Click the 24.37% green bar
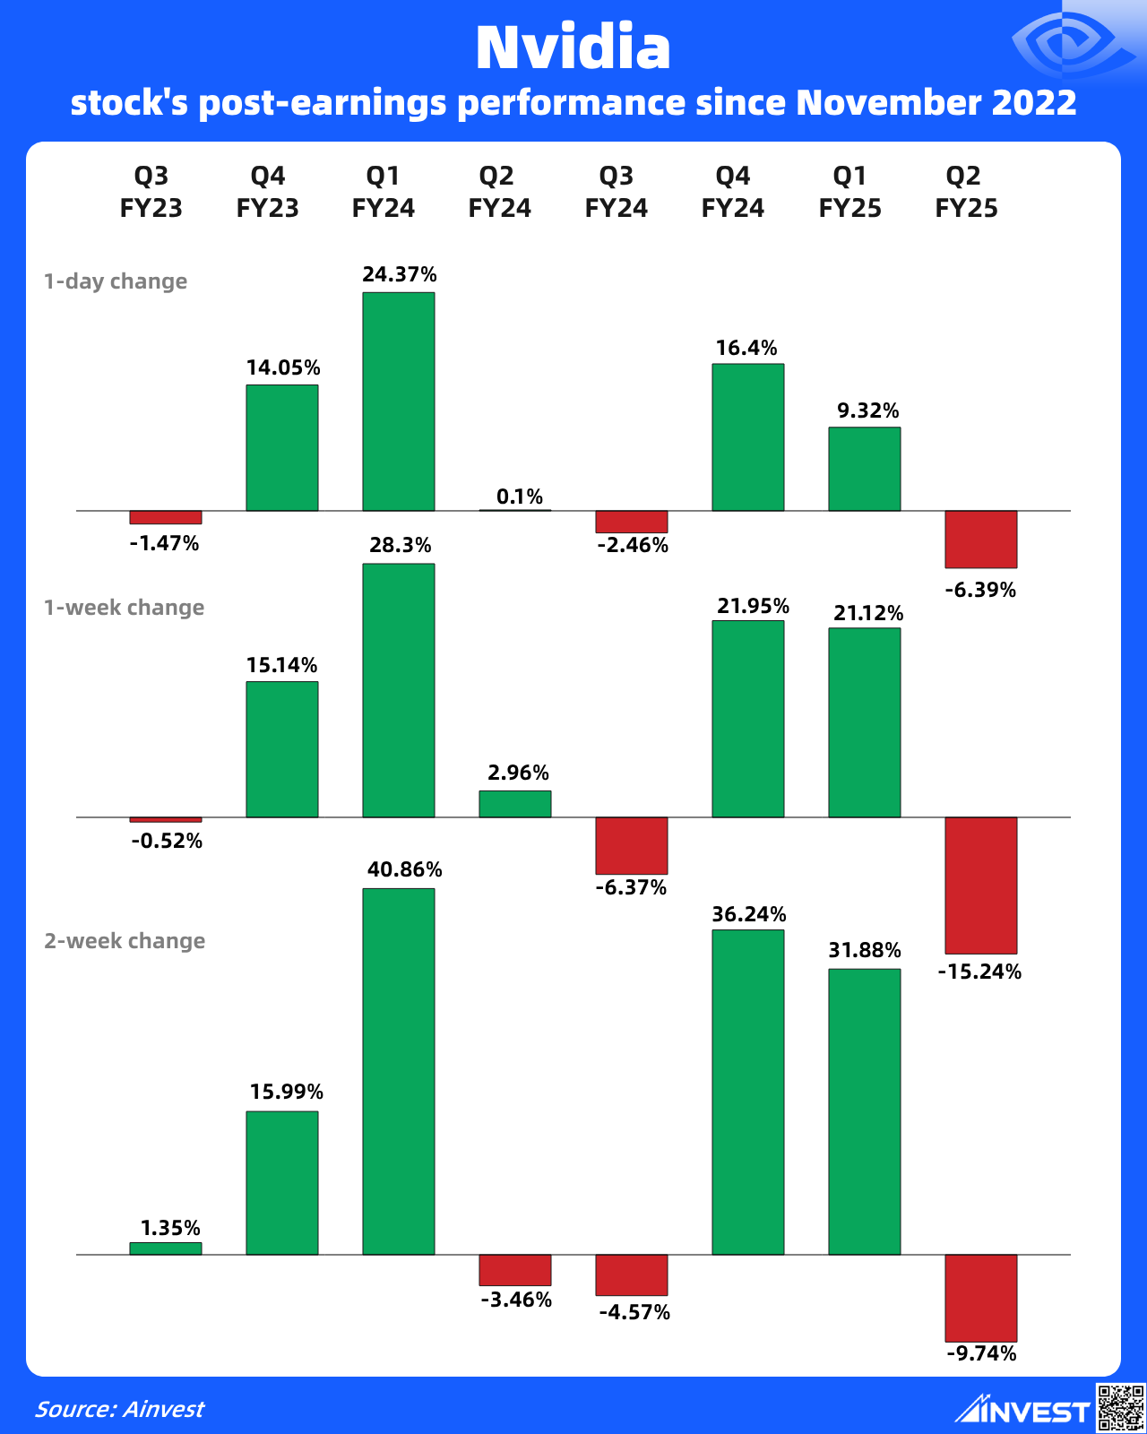point(399,402)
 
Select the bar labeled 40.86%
point(399,1071)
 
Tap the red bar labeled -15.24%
point(981,885)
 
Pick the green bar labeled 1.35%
point(166,1248)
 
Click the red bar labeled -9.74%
point(981,1297)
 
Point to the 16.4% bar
point(748,437)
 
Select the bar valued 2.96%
point(515,804)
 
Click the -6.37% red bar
point(632,845)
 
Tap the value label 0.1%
point(520,497)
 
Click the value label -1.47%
point(164,543)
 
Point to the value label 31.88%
point(865,950)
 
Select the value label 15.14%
point(282,665)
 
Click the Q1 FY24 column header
point(384,192)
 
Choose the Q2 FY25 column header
point(966,192)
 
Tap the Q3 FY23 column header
point(151,192)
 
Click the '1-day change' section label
point(116,281)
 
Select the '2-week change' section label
point(125,941)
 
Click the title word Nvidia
point(573,48)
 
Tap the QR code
point(1120,1407)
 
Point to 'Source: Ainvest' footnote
point(119,1409)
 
